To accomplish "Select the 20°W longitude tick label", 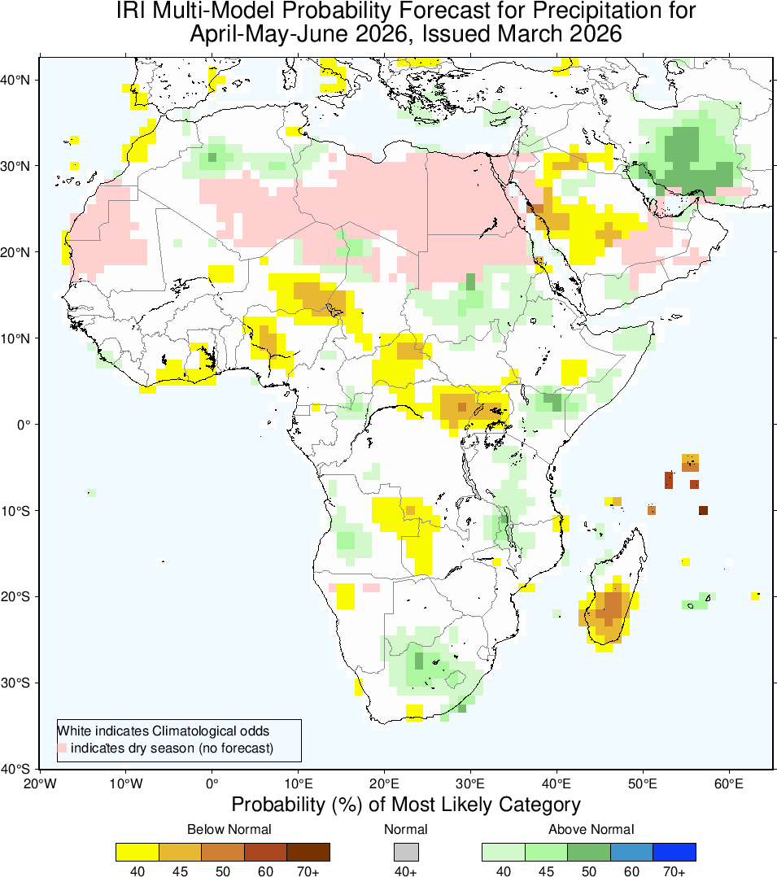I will coord(39,784).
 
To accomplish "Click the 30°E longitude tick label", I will coord(470,784).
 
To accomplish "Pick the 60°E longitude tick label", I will coord(729,784).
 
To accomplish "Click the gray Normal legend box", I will coord(405,852).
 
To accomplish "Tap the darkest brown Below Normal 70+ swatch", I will coord(308,852).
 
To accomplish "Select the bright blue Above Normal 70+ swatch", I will coord(674,852).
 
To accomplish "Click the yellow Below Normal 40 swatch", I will coord(137,852).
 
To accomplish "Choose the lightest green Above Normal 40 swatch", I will coord(504,852).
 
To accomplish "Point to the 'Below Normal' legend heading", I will coord(229,829).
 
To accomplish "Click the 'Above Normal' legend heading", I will coord(591,829).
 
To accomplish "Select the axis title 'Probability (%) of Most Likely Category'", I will coord(406,805).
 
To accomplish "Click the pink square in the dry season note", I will coord(62,748).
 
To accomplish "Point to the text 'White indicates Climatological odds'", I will coord(163,731).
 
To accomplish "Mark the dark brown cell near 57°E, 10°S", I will coord(703,510).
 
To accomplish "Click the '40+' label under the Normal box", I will coord(405,871).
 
